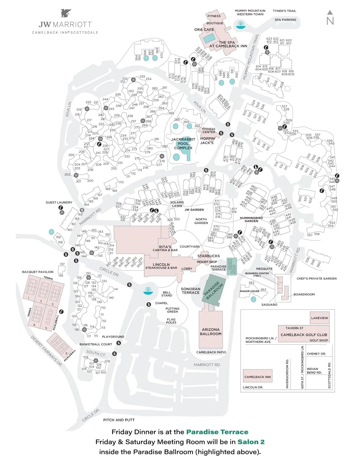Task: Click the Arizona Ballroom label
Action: [211, 332]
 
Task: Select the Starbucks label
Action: [208, 256]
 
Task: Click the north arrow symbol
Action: [330, 18]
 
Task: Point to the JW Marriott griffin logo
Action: [66, 13]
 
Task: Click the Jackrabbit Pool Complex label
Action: [183, 143]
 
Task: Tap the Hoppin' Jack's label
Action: [207, 141]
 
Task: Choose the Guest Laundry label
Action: [59, 202]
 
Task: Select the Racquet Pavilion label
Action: [38, 272]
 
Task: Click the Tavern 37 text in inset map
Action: [294, 328]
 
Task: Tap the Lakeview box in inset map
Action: [319, 318]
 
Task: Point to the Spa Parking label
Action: [285, 20]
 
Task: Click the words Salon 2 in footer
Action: [251, 442]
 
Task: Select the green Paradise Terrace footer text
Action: [217, 432]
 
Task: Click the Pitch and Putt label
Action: [119, 420]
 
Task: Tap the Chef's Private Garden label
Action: [317, 278]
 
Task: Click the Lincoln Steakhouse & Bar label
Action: [161, 266]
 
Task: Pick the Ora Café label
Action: [204, 30]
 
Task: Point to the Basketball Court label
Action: [96, 344]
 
